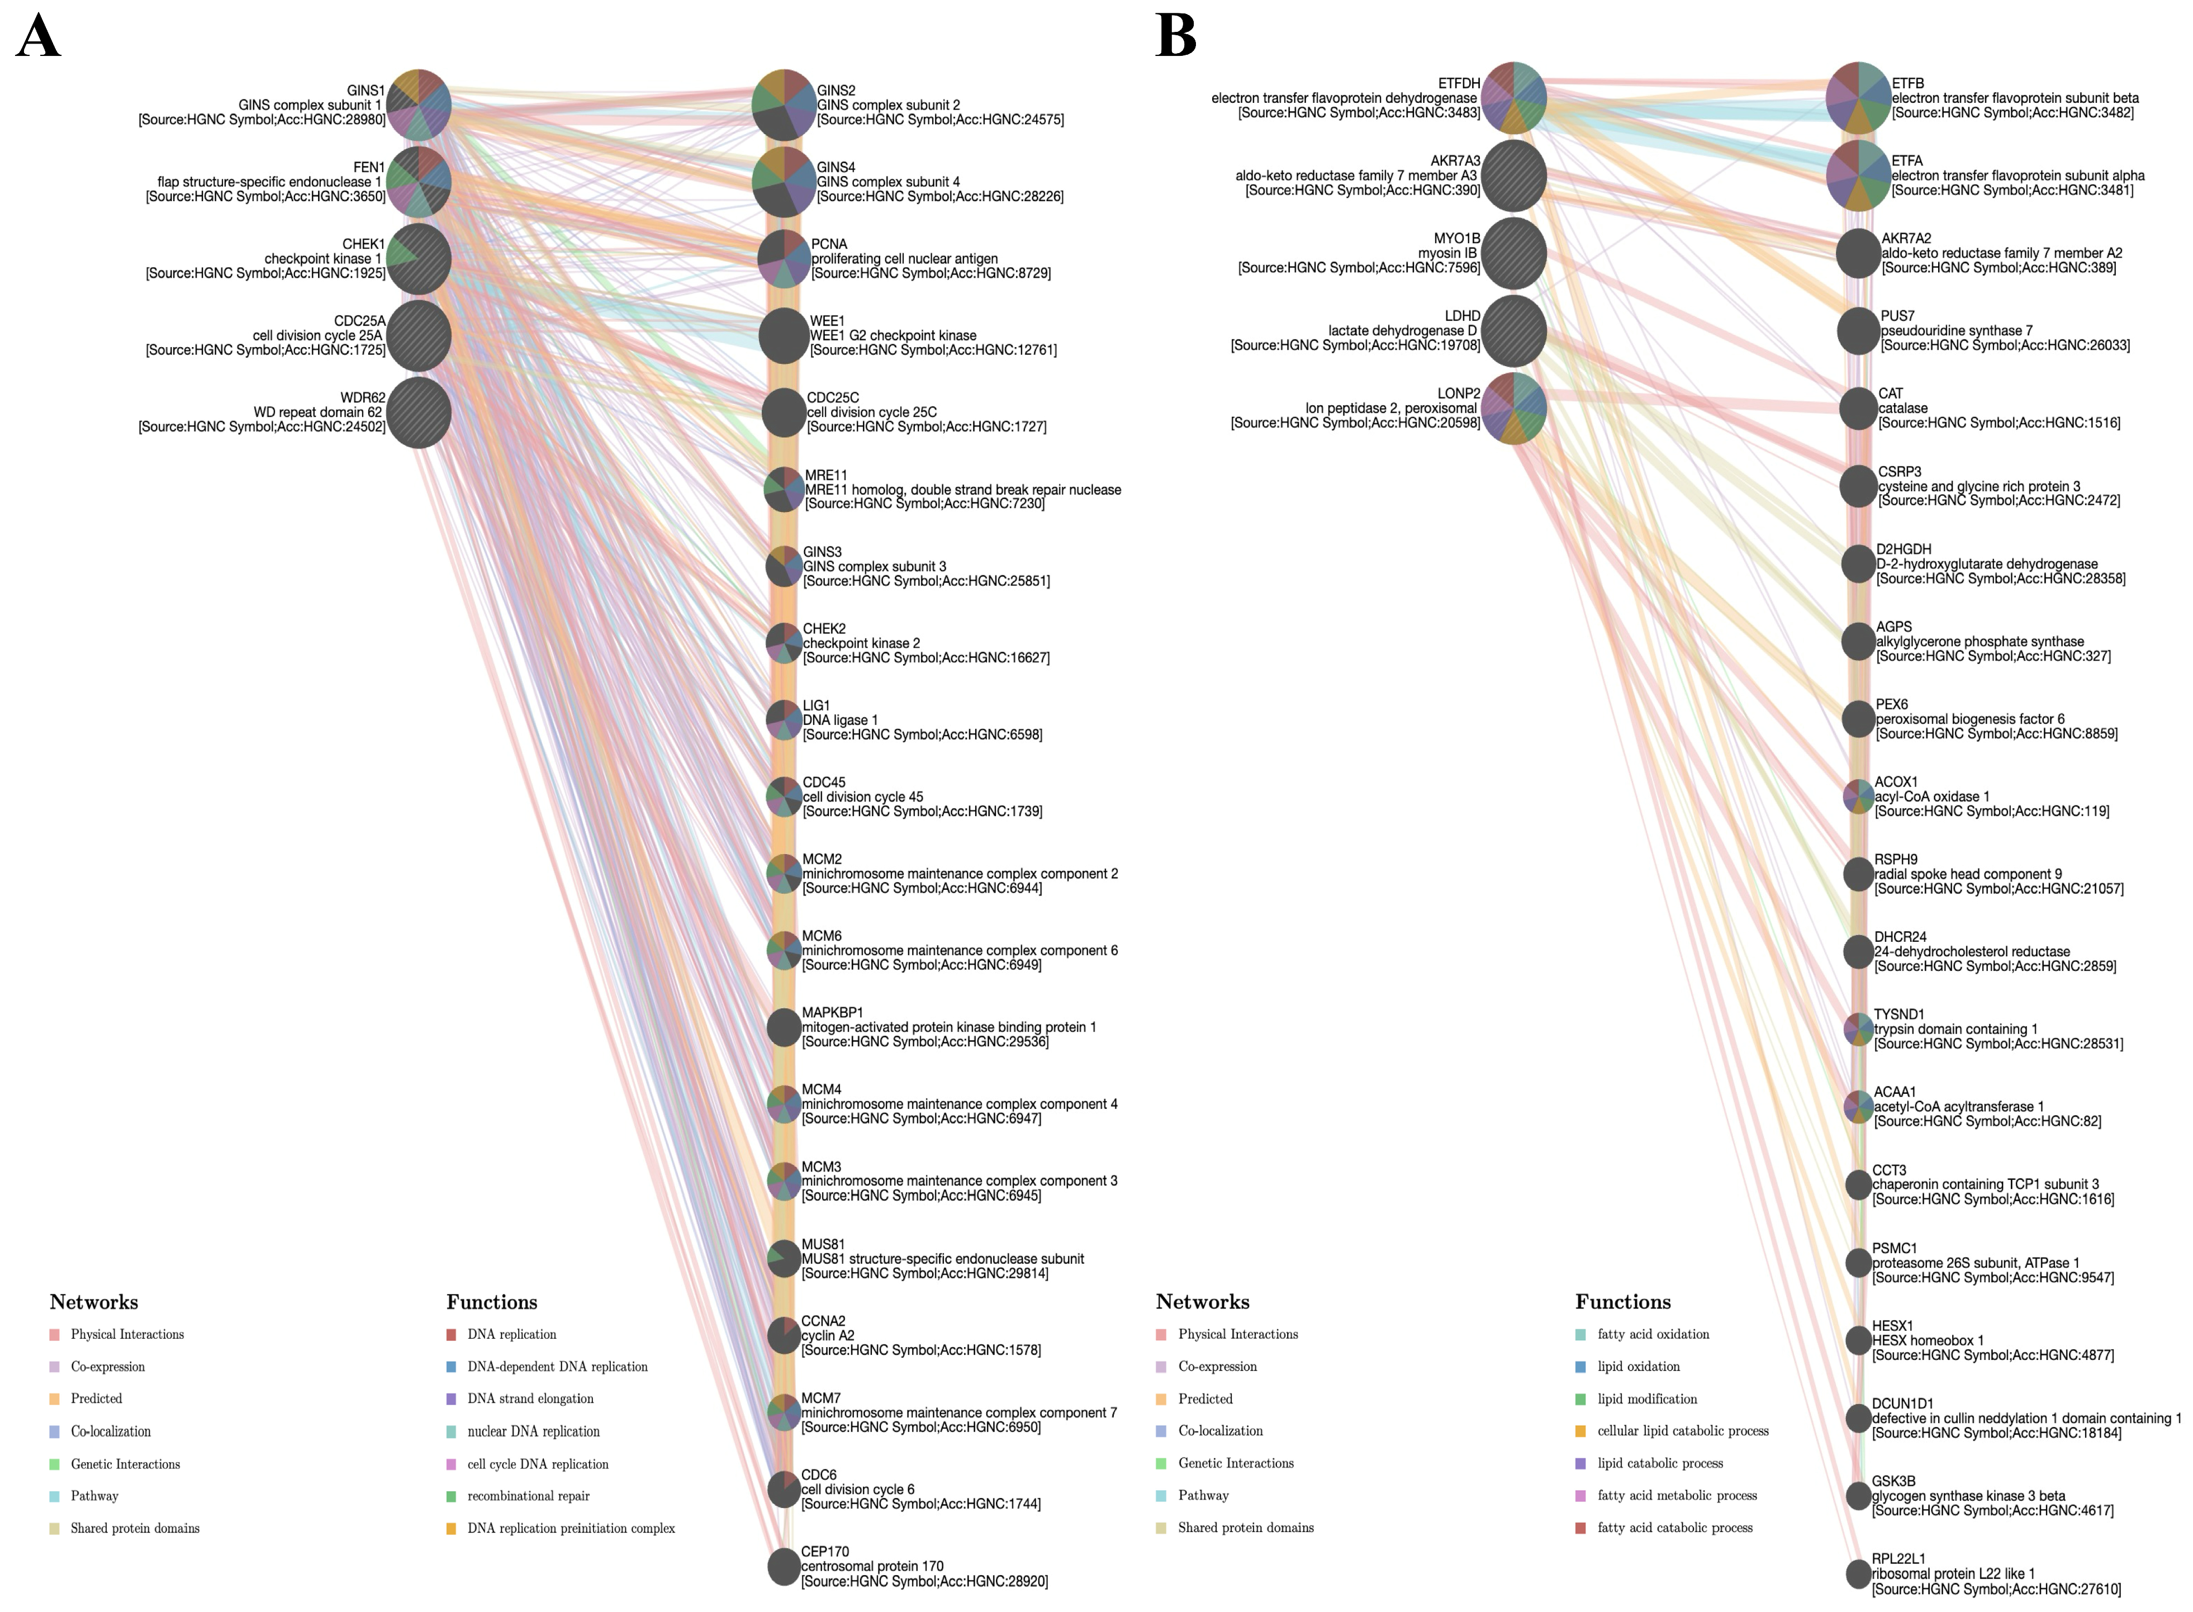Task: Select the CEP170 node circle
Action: point(784,1566)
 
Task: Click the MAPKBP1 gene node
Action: point(784,1027)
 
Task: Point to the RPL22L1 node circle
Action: point(1858,1573)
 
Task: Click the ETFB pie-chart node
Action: point(1858,98)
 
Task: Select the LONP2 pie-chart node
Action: point(1513,408)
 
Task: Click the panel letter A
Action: point(39,37)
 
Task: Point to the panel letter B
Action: point(1175,37)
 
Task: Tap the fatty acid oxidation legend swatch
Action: point(1580,1334)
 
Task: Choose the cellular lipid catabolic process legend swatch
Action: point(1580,1430)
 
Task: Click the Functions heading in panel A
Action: point(492,1302)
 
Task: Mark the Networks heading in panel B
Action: point(1202,1302)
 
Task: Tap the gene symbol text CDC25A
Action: point(359,321)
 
